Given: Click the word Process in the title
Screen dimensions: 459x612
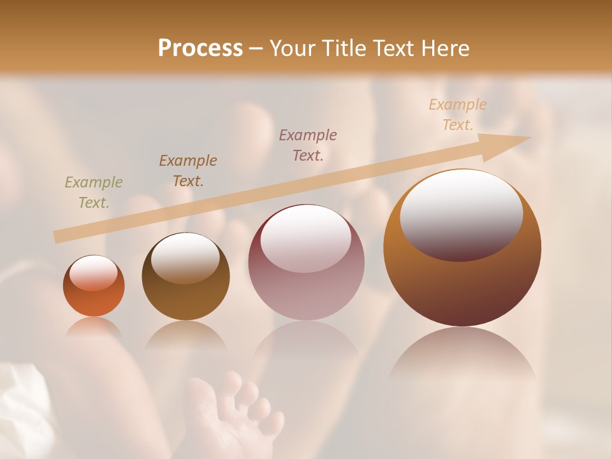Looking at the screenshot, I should pos(200,48).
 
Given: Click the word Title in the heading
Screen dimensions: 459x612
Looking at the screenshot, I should pos(345,48).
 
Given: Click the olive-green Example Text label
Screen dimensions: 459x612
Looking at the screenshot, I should pos(93,193).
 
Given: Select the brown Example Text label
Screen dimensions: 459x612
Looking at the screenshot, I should pos(187,171).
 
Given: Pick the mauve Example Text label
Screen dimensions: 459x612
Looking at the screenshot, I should pos(308,145).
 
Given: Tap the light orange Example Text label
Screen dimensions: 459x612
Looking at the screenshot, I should pos(458,115).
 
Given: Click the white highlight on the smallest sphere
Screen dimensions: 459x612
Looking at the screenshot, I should pos(94,273).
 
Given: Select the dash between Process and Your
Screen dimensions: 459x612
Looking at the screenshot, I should pos(256,48).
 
